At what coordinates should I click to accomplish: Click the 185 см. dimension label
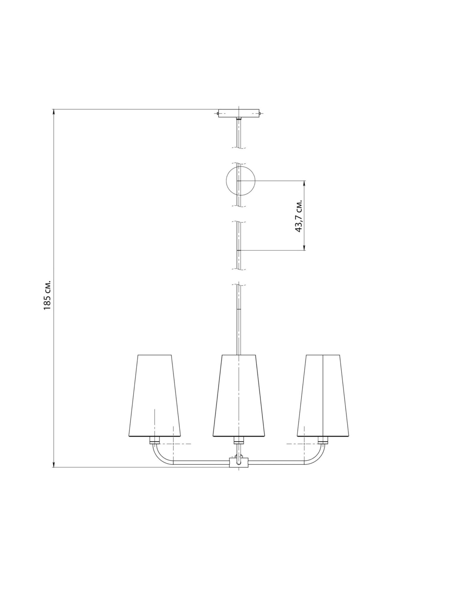(x=48, y=295)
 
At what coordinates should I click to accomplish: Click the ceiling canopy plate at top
(x=239, y=113)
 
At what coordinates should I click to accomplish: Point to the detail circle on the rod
(x=240, y=181)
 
